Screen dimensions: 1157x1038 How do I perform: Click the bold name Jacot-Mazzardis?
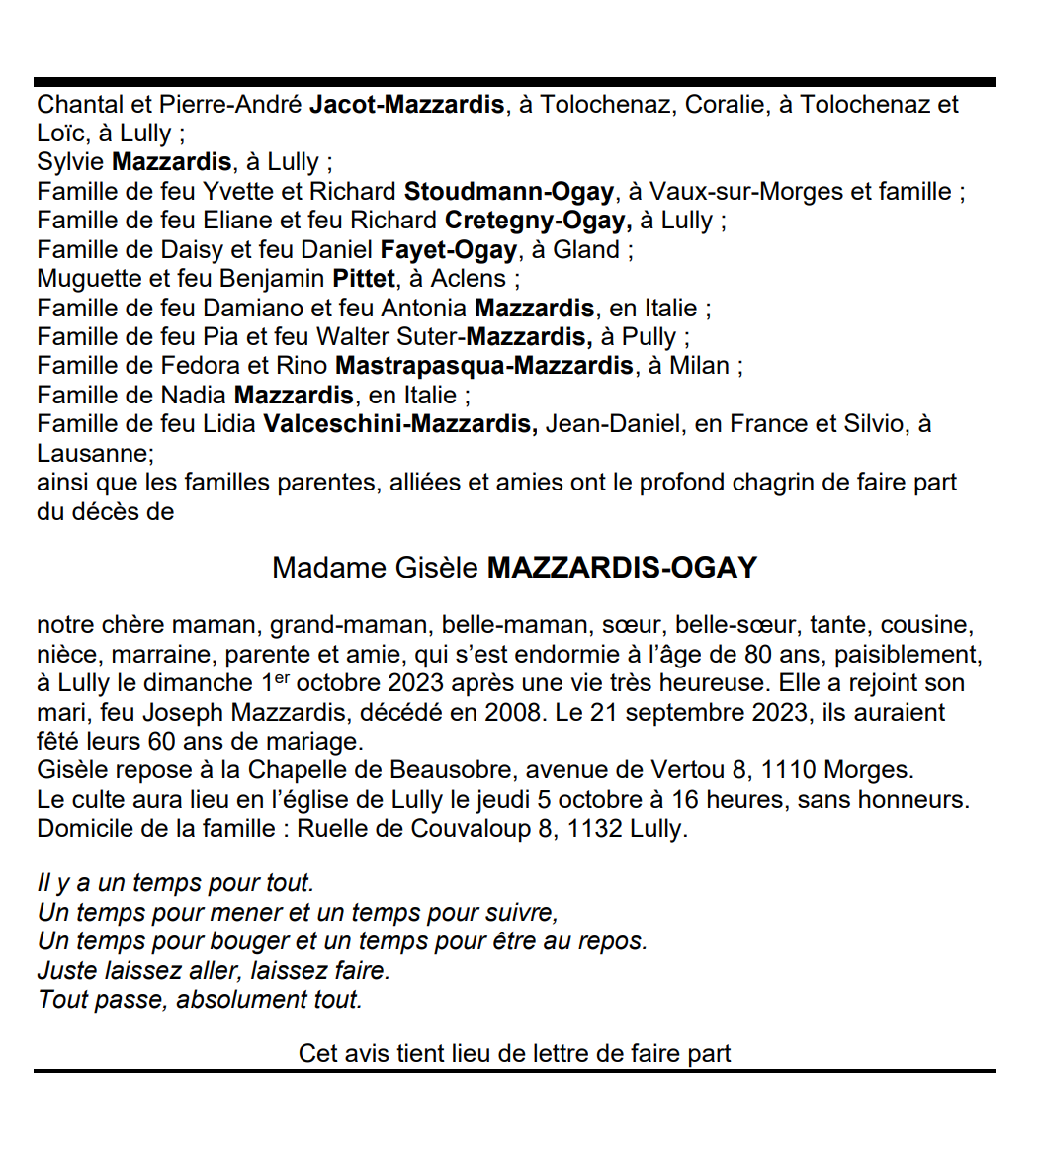click(x=406, y=105)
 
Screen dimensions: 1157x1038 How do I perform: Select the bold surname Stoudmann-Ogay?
click(x=508, y=192)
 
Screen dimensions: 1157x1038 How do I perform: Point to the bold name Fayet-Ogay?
click(x=448, y=250)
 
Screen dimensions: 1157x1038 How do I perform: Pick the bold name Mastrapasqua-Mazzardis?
click(x=483, y=366)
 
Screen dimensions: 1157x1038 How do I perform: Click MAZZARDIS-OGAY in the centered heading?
click(x=622, y=568)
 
